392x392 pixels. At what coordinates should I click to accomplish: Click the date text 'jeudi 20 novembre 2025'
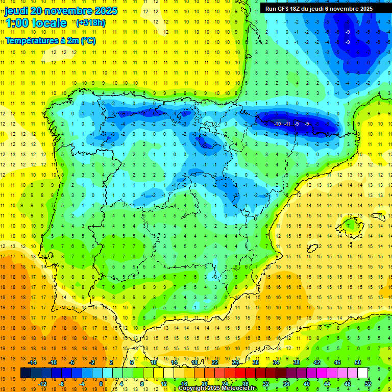pyautogui.click(x=61, y=11)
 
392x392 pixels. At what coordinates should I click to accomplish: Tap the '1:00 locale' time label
pyautogui.click(x=36, y=23)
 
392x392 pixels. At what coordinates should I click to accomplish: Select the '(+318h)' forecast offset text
pyautogui.click(x=91, y=22)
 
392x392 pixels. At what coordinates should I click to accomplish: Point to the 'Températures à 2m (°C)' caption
pyautogui.click(x=50, y=40)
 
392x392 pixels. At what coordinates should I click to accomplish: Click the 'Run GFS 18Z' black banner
pyautogui.click(x=319, y=9)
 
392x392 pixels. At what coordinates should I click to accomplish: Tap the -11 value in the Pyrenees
pyautogui.click(x=287, y=124)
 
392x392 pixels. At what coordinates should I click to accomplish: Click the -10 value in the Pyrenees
pyautogui.click(x=277, y=124)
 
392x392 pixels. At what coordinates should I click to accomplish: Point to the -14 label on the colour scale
pyautogui.click(x=33, y=362)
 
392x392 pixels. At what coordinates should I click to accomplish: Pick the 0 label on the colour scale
pyautogui.click(x=101, y=383)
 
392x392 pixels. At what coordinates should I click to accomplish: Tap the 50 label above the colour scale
pyautogui.click(x=357, y=362)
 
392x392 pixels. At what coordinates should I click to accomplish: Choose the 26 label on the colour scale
pyautogui.click(x=235, y=362)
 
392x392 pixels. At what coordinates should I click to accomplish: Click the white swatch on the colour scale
pyautogui.click(x=362, y=373)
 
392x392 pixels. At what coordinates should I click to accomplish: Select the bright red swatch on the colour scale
pyautogui.click(x=240, y=373)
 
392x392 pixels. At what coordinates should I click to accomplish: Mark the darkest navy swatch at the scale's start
pyautogui.click(x=26, y=373)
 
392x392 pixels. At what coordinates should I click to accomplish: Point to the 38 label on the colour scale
pyautogui.click(x=296, y=362)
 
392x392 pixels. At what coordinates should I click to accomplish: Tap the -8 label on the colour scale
pyautogui.click(x=62, y=383)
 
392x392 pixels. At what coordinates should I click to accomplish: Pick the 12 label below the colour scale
pyautogui.click(x=164, y=383)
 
